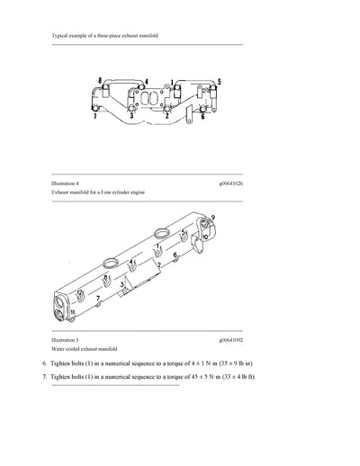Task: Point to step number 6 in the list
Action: [x=44, y=363]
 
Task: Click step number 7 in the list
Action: [x=44, y=376]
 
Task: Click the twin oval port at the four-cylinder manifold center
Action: [x=148, y=99]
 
